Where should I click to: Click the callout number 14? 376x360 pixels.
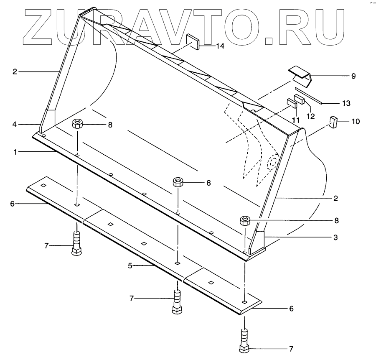pos(220,46)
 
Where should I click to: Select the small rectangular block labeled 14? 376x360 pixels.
pos(193,41)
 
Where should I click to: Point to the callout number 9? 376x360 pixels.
pos(353,76)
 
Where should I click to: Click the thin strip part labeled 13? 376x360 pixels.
pos(309,95)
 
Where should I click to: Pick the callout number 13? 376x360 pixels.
pos(346,102)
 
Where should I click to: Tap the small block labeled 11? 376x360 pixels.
pos(291,102)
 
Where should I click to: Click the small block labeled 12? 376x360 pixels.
pos(299,100)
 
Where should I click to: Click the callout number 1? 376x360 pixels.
pos(15,152)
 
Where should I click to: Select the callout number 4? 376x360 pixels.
pos(15,124)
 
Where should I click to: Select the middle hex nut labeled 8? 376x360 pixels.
pos(178,182)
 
